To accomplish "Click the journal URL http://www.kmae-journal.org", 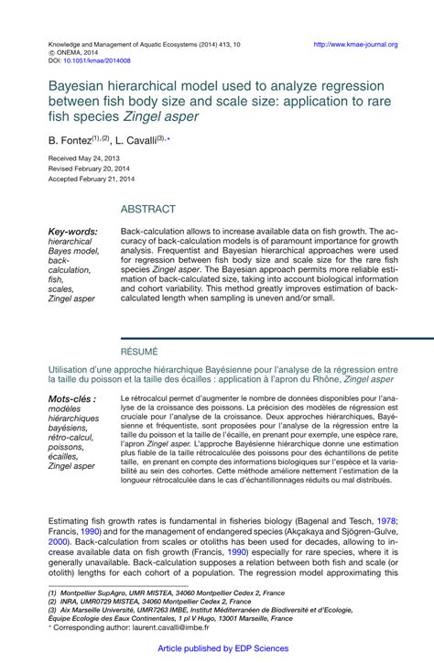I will click(x=355, y=44).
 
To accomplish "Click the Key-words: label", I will click(x=72, y=233).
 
